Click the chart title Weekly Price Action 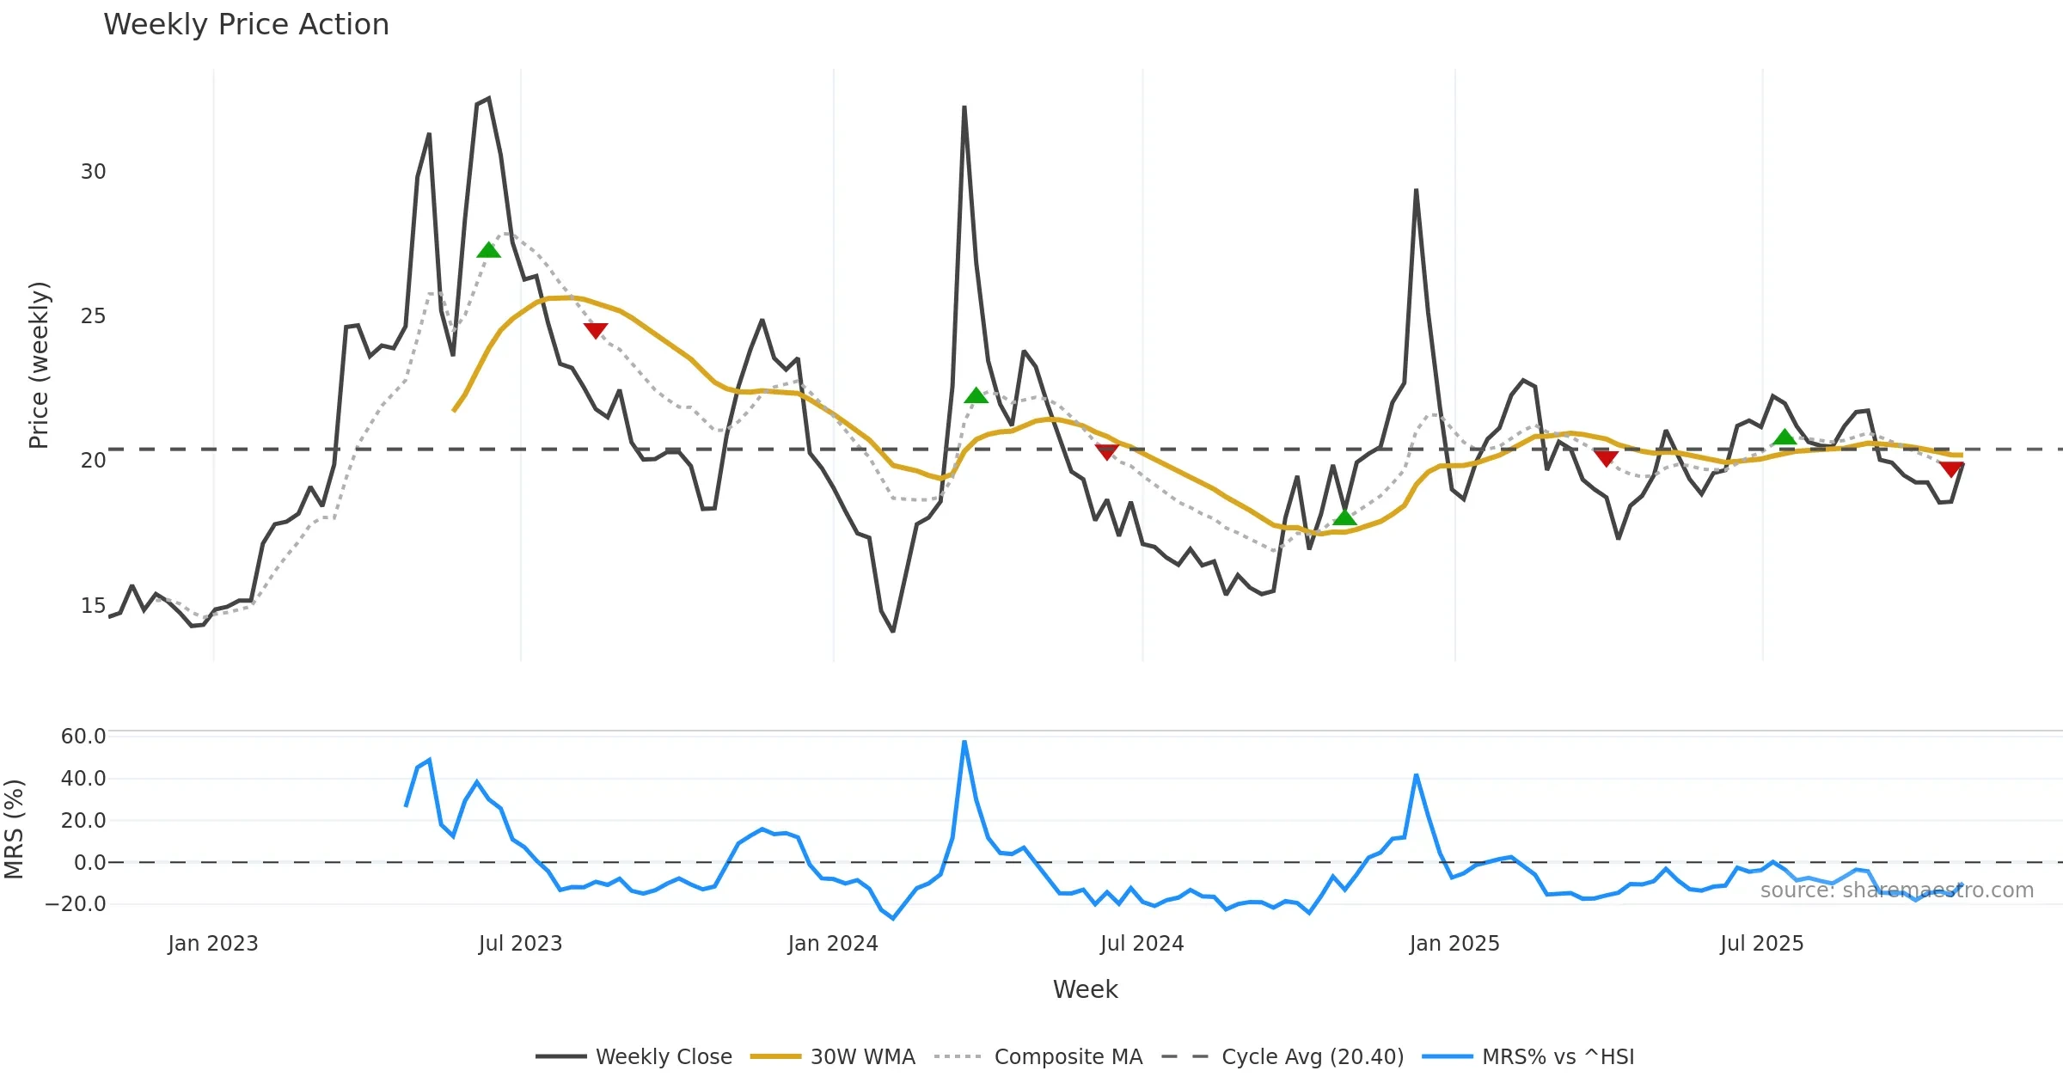(x=246, y=25)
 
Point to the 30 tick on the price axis (x=93, y=172)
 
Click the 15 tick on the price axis (x=93, y=606)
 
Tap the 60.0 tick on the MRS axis (x=83, y=737)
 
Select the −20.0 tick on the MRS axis (x=77, y=903)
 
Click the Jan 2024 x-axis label (x=833, y=944)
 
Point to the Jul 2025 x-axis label (x=1761, y=944)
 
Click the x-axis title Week (x=1085, y=990)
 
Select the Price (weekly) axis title (x=39, y=365)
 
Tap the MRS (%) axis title (x=14, y=829)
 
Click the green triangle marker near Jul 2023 (x=488, y=250)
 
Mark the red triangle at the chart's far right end (x=1951, y=468)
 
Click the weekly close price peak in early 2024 (x=964, y=107)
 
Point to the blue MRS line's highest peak (x=964, y=742)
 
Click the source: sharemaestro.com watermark (x=1896, y=890)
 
